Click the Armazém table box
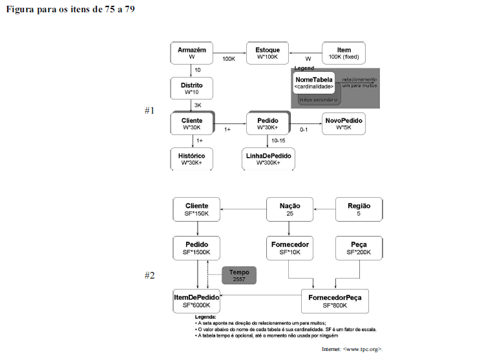[x=192, y=53]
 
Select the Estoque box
[x=267, y=53]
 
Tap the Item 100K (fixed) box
[x=344, y=53]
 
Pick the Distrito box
[x=192, y=88]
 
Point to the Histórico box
[x=192, y=159]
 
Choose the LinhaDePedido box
[x=268, y=159]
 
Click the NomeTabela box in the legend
[x=314, y=83]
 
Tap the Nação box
[x=289, y=209]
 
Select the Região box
[x=359, y=209]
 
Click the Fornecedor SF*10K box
[x=289, y=248]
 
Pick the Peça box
[x=359, y=248]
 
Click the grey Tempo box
[x=239, y=276]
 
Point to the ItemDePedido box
[x=196, y=301]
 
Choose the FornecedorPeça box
[x=335, y=301]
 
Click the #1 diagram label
[x=149, y=111]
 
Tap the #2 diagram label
[x=149, y=275]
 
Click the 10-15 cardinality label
[x=278, y=140]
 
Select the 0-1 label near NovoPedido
[x=304, y=129]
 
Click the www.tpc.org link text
[x=355, y=350]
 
